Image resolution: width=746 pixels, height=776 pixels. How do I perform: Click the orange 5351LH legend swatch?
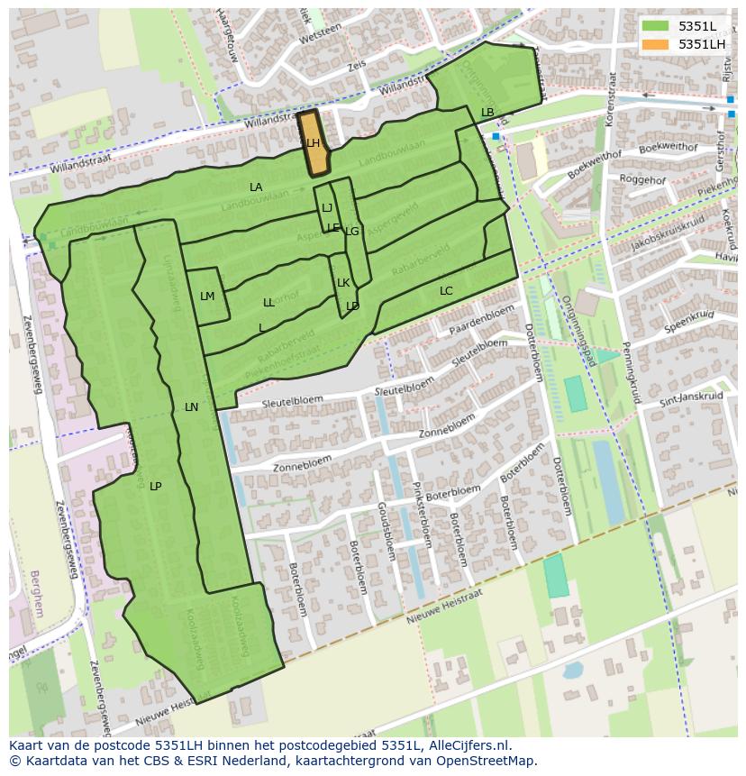point(656,44)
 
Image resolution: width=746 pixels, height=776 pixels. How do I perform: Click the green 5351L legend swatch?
point(656,27)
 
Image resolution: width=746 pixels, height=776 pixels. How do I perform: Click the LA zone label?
point(256,187)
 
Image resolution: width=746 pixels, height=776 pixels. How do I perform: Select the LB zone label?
point(487,113)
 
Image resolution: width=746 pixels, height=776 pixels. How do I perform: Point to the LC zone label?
point(446,291)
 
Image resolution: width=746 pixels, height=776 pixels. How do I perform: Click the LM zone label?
point(207,297)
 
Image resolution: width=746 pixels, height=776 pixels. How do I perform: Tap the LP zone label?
point(155,487)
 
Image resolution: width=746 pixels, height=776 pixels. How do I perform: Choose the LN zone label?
point(191,407)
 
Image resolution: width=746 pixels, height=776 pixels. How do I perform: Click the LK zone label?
point(343,283)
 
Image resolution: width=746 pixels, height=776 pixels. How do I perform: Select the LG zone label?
point(352,232)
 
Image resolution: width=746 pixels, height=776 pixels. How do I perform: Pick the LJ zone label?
point(327,208)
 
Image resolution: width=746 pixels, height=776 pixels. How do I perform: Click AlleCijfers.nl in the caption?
point(470,745)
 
